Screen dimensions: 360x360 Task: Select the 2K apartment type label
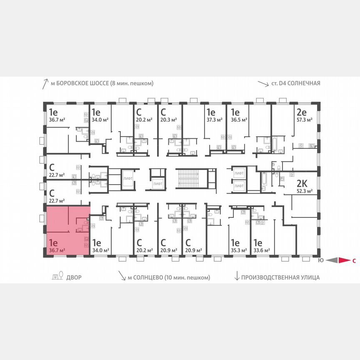point(301,184)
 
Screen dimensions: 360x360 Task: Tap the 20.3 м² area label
point(168,119)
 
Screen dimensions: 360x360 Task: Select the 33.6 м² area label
point(262,250)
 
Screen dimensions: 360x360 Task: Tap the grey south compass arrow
point(331,261)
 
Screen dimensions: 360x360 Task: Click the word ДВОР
point(74,277)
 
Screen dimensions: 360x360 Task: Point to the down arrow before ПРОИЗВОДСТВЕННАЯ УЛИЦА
point(237,277)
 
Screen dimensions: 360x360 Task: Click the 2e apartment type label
point(301,112)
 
